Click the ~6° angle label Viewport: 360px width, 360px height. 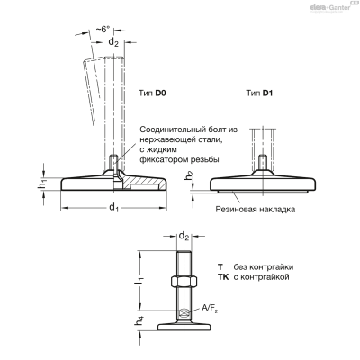tap(103, 30)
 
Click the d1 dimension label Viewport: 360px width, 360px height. tap(113, 207)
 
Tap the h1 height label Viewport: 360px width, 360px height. tap(42, 184)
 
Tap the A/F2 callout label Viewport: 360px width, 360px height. tap(210, 308)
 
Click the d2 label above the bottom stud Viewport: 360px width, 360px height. tap(184, 237)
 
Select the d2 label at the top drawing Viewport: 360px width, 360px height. tap(113, 42)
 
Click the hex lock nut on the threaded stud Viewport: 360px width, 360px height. tap(184, 281)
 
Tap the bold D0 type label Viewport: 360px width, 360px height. tap(160, 93)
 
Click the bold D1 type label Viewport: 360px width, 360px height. tap(267, 93)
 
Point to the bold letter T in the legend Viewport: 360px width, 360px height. tap(220, 266)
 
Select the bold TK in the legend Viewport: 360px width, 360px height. tap(223, 276)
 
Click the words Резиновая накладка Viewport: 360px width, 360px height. tap(256, 209)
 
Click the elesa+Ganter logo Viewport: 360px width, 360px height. tap(331, 7)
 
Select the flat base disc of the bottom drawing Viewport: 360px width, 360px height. tap(184, 327)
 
